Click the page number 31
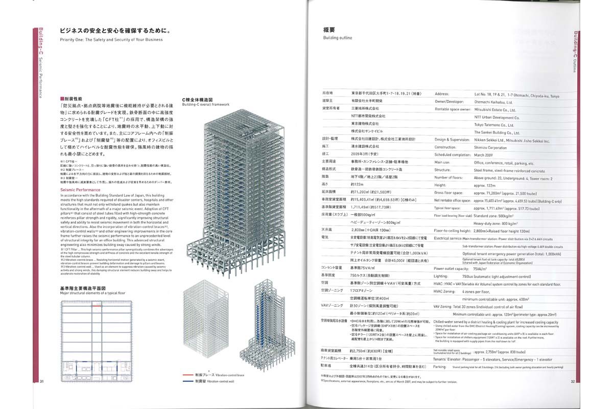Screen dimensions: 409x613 [42, 381]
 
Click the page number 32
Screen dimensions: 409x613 [573, 381]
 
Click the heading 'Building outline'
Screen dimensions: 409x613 [338, 38]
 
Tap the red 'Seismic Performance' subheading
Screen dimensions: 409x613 [77, 190]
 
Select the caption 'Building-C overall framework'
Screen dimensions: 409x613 [206, 104]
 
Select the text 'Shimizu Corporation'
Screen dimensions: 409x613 [490, 147]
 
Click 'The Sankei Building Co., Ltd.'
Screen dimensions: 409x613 [501, 132]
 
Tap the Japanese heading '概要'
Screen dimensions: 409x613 [330, 30]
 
